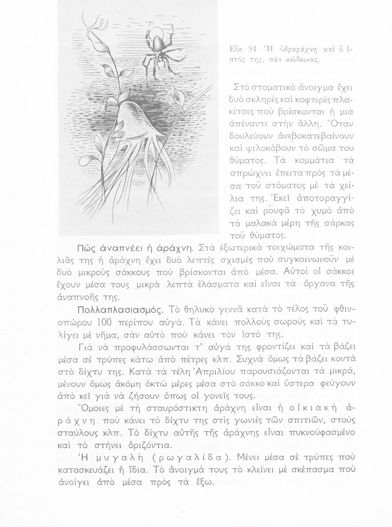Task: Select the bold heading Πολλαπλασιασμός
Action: point(121,310)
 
